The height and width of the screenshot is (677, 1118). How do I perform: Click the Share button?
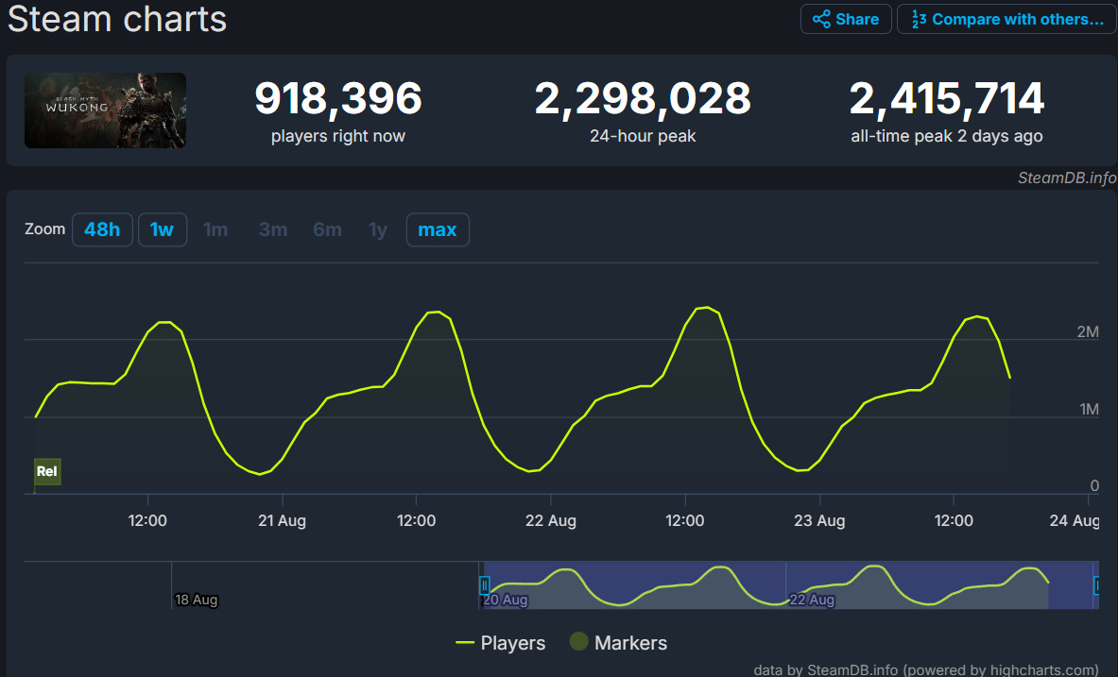pyautogui.click(x=846, y=19)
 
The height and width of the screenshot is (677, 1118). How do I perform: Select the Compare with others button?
pyautogui.click(x=1006, y=19)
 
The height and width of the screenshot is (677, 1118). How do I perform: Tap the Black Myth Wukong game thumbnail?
pyautogui.click(x=105, y=110)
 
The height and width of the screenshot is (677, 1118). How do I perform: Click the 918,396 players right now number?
pyautogui.click(x=338, y=98)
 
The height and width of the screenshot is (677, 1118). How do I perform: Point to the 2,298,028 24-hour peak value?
pyautogui.click(x=643, y=98)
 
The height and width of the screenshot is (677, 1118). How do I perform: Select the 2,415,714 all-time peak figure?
pyautogui.click(x=947, y=98)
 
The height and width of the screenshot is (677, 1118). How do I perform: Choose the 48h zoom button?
pyautogui.click(x=102, y=229)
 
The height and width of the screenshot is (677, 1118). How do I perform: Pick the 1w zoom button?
pyautogui.click(x=163, y=229)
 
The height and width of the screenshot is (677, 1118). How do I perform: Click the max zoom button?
pyautogui.click(x=438, y=229)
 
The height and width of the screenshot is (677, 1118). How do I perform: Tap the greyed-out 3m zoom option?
pyautogui.click(x=273, y=229)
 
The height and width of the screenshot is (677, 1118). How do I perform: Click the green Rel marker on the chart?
pyautogui.click(x=47, y=471)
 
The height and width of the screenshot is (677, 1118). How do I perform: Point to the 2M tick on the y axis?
pyautogui.click(x=1088, y=332)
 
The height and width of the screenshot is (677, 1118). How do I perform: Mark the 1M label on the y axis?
pyautogui.click(x=1088, y=410)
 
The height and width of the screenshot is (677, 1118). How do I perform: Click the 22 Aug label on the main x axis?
pyautogui.click(x=551, y=521)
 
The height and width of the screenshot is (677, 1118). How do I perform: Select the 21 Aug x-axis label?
pyautogui.click(x=282, y=521)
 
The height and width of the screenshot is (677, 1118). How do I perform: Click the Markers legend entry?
pyautogui.click(x=619, y=643)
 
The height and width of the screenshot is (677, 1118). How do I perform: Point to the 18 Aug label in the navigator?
pyautogui.click(x=197, y=600)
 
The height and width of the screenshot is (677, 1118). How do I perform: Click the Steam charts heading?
pyautogui.click(x=117, y=19)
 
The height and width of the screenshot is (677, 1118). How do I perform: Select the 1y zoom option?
pyautogui.click(x=378, y=229)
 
